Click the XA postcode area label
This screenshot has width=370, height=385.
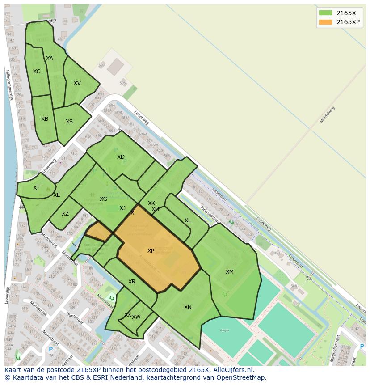coord(50,59)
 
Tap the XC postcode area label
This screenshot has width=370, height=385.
coord(37,72)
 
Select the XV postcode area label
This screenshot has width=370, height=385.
coord(77,83)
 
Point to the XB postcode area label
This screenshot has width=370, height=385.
coord(45,119)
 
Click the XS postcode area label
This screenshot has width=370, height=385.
coord(69,122)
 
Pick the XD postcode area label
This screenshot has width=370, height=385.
coord(121,157)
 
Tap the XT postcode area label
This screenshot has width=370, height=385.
coord(36,188)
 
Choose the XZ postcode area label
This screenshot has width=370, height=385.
coord(65,214)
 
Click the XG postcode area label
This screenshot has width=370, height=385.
coord(103,199)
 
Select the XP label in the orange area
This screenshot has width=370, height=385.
coord(151,251)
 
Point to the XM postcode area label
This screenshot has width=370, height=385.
coord(229,272)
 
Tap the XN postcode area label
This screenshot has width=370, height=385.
coord(188,307)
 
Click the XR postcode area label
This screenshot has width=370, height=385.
coord(132,282)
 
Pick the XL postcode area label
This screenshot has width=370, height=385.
coord(188,220)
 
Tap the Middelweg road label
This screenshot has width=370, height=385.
coord(327,114)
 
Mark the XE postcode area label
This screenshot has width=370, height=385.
coord(57,195)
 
